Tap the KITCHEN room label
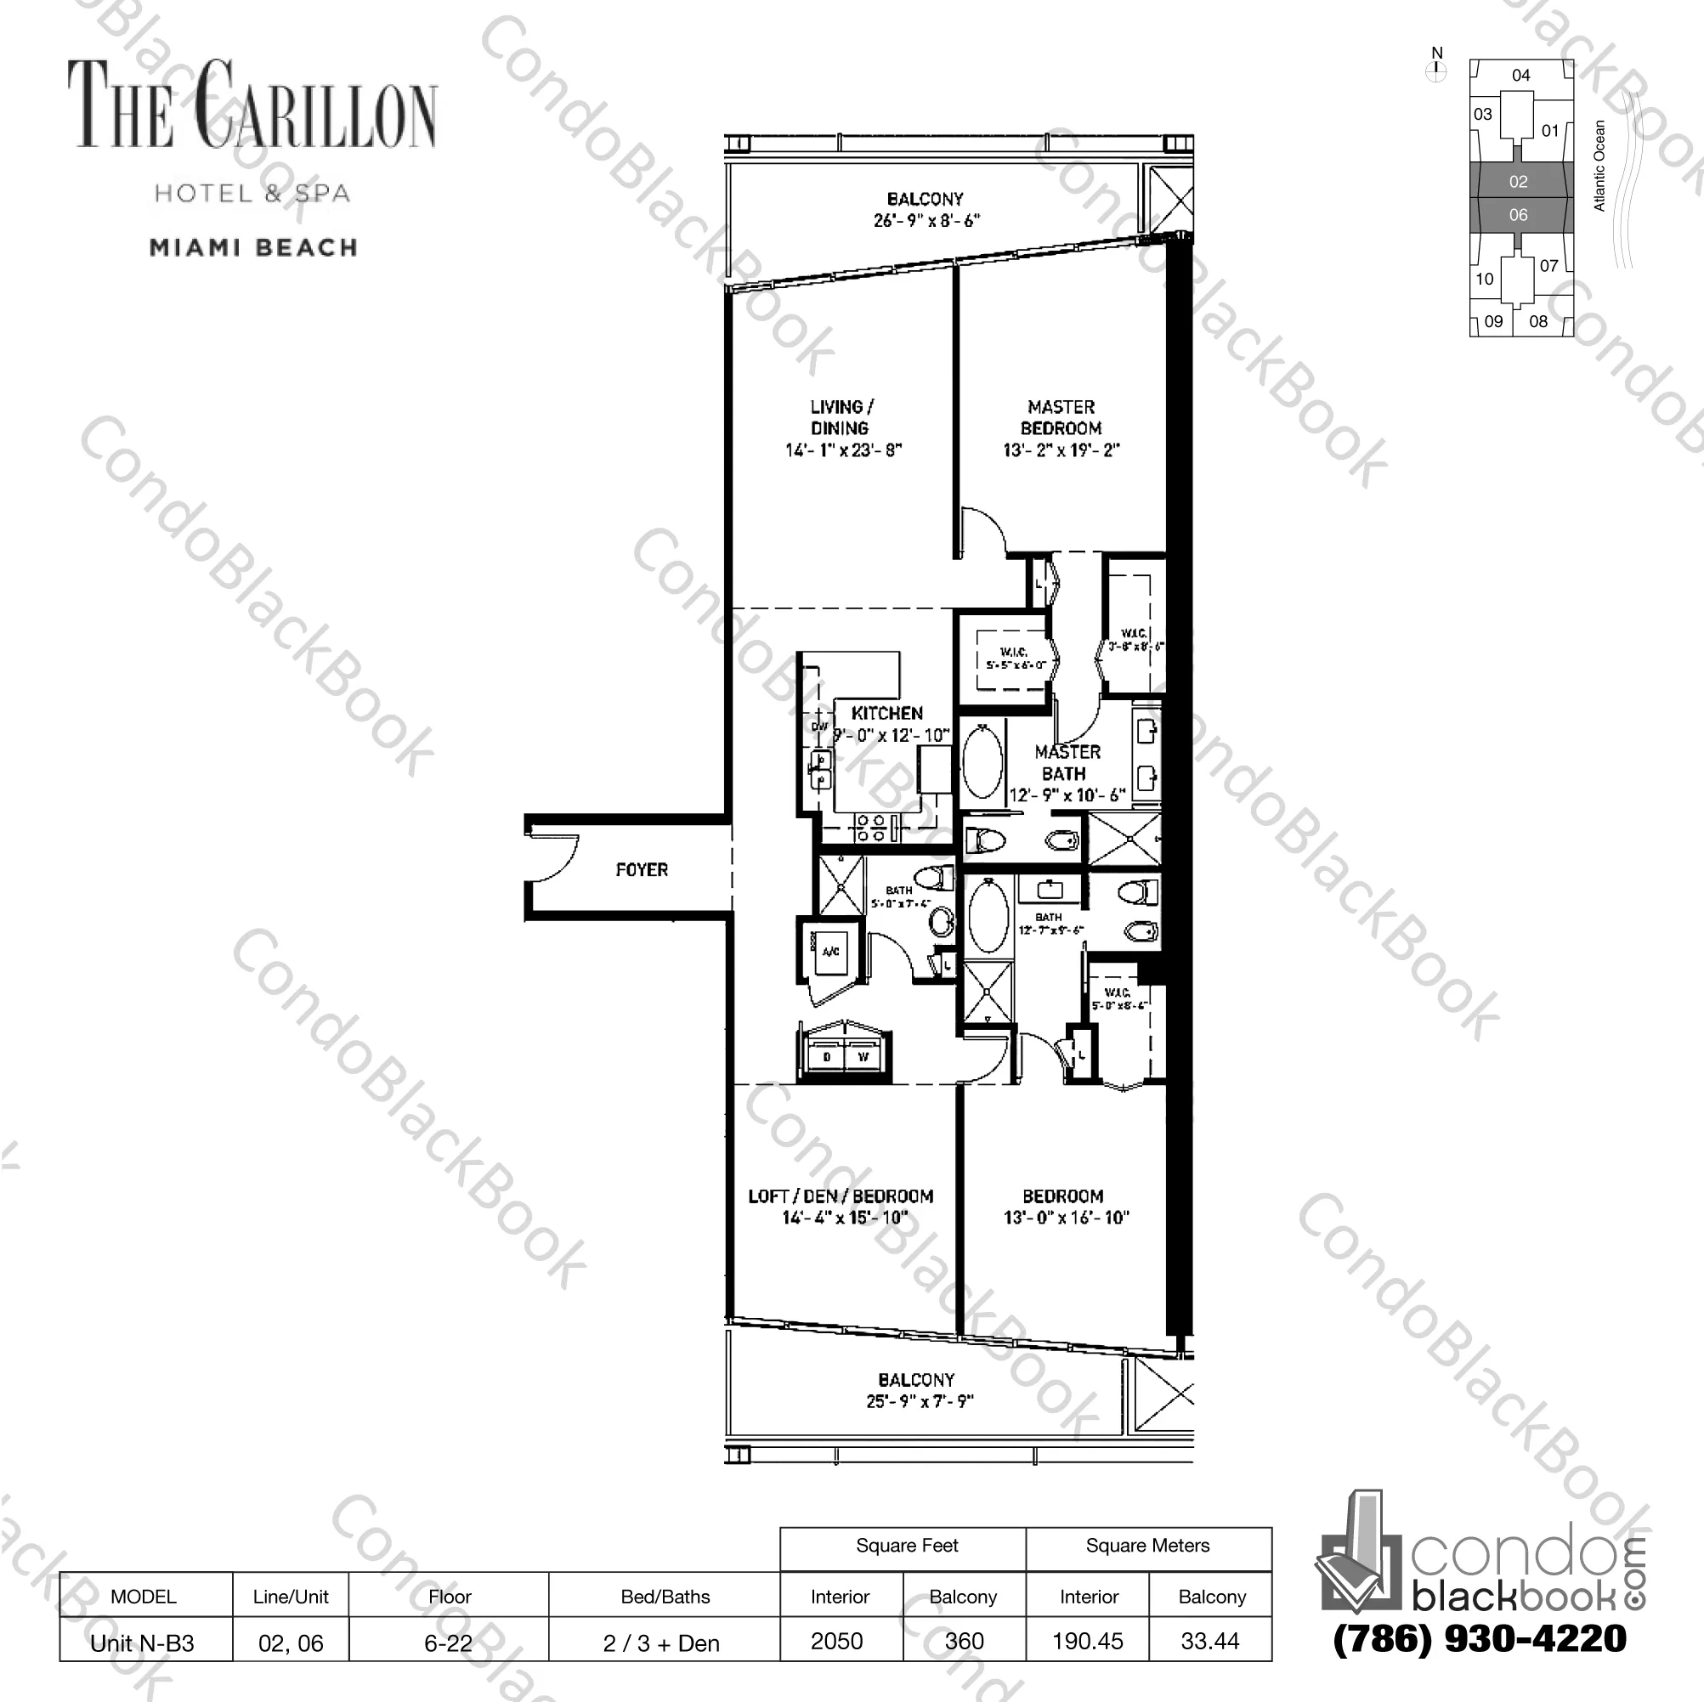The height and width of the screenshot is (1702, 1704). tap(886, 714)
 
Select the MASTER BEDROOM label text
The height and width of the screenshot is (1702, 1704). tap(1061, 418)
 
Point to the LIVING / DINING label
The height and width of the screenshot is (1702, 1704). tap(841, 418)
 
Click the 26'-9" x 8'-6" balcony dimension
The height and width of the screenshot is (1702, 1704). tap(926, 220)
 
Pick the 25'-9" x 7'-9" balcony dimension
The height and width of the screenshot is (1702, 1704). tap(919, 1400)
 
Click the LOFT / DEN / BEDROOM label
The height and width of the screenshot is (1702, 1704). tap(841, 1196)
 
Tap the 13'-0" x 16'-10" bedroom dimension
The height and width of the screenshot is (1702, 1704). tap(1066, 1218)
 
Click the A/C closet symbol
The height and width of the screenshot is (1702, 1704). tap(830, 952)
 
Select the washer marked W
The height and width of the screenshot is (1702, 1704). tap(863, 1056)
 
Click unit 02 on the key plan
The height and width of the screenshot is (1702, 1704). tap(1518, 182)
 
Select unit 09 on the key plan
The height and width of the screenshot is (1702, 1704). tap(1493, 322)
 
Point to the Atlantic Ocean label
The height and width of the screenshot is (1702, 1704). tap(1599, 166)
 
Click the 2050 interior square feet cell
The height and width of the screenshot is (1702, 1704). tap(837, 1641)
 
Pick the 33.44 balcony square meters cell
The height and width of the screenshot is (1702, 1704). tap(1210, 1641)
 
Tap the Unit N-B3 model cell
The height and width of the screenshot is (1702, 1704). tap(143, 1643)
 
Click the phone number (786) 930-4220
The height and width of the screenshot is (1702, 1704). tap(1479, 1638)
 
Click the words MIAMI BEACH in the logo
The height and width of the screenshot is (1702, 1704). tap(254, 248)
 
